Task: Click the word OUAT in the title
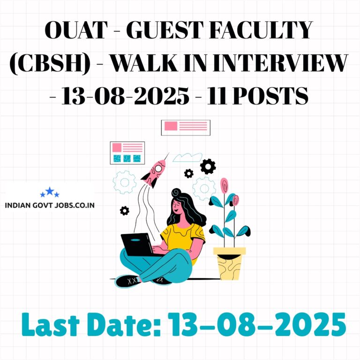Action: [x=76, y=30]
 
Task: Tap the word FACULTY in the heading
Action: [x=261, y=30]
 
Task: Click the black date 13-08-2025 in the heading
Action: [x=125, y=96]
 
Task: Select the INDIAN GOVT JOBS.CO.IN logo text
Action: [x=50, y=205]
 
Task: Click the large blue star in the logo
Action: [x=50, y=191]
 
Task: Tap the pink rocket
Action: [x=154, y=172]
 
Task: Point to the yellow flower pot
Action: [x=229, y=263]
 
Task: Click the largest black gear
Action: [x=208, y=166]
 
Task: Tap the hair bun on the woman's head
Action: [x=176, y=192]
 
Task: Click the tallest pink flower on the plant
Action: [x=225, y=185]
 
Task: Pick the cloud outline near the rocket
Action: [x=187, y=157]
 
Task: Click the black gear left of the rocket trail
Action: [x=124, y=210]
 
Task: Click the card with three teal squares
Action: [x=127, y=153]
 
